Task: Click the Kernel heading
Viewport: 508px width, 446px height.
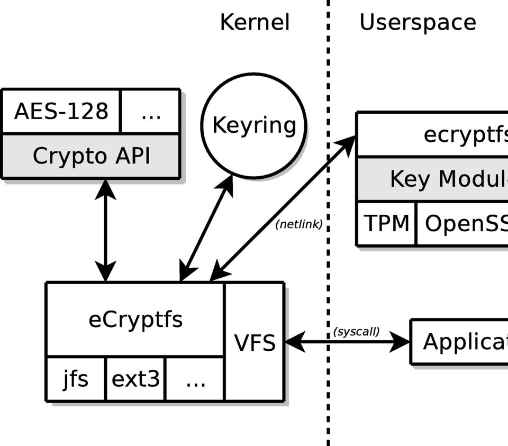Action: point(255,23)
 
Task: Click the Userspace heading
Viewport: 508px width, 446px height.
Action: point(418,23)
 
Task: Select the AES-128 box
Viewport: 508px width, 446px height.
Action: point(61,112)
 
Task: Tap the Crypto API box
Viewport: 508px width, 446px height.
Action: point(91,156)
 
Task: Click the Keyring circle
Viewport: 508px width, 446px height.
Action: point(254,125)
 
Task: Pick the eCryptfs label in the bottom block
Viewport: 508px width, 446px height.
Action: point(135,320)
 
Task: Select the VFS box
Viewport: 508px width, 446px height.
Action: point(255,343)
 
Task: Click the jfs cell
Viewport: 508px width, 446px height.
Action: point(76,379)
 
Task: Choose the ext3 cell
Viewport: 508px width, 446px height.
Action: point(135,379)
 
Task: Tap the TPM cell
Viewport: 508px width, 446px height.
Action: point(386,224)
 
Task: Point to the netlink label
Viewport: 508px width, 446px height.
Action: point(299,224)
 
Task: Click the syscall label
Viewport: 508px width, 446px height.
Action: point(356,332)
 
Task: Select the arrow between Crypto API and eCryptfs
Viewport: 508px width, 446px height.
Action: point(105,230)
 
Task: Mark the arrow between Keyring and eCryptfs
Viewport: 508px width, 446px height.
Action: point(206,228)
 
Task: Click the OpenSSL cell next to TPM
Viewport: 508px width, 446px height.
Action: point(462,224)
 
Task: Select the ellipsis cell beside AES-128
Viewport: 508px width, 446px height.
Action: point(151,112)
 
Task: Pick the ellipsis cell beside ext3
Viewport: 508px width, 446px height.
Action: point(195,379)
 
